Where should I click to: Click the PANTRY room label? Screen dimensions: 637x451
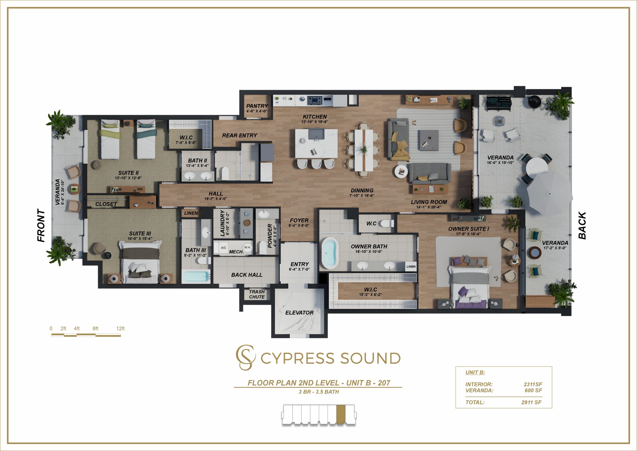pyautogui.click(x=257, y=106)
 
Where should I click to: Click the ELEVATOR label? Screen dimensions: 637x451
pyautogui.click(x=299, y=313)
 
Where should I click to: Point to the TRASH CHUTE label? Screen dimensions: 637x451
pyautogui.click(x=257, y=294)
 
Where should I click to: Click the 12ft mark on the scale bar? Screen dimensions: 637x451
pyautogui.click(x=120, y=328)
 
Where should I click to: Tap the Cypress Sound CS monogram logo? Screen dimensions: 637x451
pyautogui.click(x=245, y=357)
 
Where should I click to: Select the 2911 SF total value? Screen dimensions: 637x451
pyautogui.click(x=531, y=402)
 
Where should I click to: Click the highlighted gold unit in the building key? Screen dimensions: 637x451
pyautogui.click(x=341, y=415)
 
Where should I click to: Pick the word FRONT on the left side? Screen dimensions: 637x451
pyautogui.click(x=41, y=226)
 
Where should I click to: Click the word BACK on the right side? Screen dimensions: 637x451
pyautogui.click(x=582, y=226)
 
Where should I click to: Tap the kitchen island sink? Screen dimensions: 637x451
pyautogui.click(x=316, y=134)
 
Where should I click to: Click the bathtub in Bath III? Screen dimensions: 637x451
pyautogui.click(x=196, y=277)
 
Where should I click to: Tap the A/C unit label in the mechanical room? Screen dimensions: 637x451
pyautogui.click(x=223, y=248)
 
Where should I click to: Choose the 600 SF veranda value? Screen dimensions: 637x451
pyautogui.click(x=533, y=390)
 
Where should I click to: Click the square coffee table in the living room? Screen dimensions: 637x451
pyautogui.click(x=429, y=140)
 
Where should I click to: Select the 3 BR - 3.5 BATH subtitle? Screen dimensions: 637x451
pyautogui.click(x=319, y=392)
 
